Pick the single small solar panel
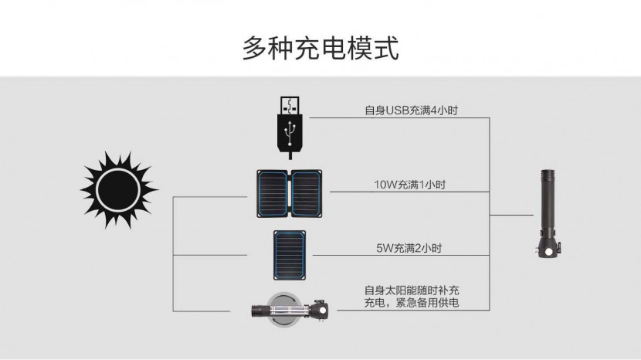(x=290, y=254)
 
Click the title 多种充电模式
(x=320, y=48)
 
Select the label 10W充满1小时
(x=409, y=184)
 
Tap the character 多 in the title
(x=256, y=48)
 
